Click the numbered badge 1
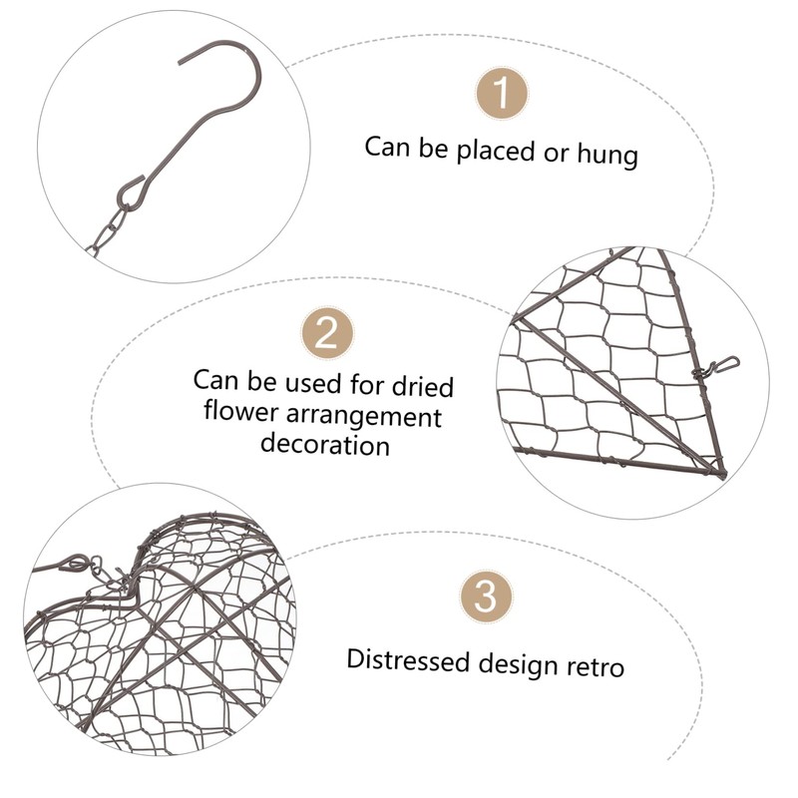click(501, 95)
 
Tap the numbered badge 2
click(328, 333)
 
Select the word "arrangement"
click(368, 416)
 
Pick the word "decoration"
click(325, 444)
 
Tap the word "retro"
click(596, 665)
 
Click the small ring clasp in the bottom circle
click(73, 565)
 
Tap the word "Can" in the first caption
click(386, 148)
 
